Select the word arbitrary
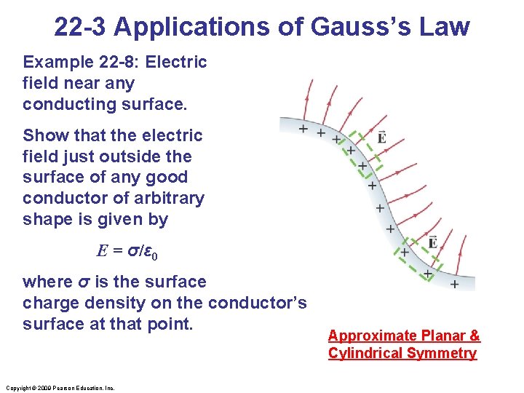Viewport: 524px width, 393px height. click(x=170, y=198)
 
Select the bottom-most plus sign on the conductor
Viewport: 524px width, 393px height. click(x=455, y=284)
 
